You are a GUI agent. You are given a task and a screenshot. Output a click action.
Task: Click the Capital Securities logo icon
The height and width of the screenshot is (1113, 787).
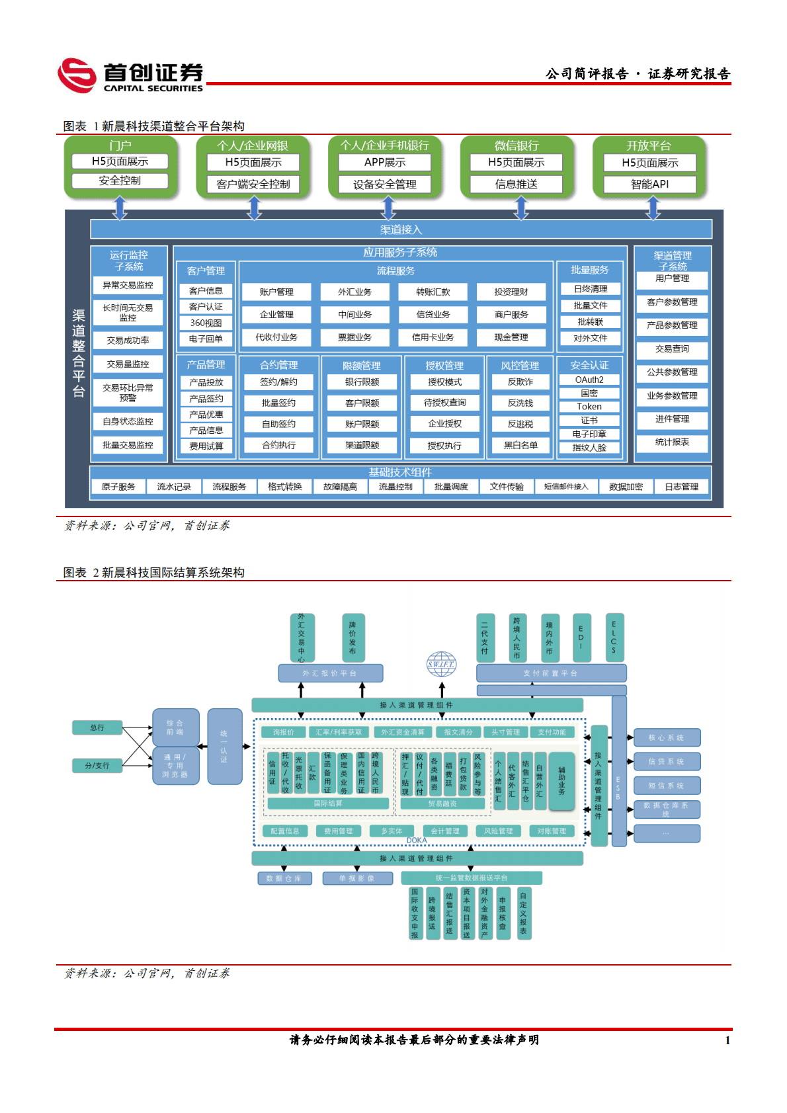[x=77, y=75]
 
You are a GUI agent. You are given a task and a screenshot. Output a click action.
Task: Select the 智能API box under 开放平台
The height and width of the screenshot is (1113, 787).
[x=649, y=184]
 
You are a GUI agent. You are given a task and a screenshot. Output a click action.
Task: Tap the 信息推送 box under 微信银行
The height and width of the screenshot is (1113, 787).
[x=516, y=184]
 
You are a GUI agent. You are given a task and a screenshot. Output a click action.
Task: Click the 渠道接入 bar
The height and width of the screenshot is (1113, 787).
[x=401, y=229]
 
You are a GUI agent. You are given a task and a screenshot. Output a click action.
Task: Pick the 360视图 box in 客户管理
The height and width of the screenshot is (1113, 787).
[x=206, y=323]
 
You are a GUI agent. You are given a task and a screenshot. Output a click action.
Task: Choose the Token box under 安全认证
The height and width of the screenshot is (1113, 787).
[x=589, y=407]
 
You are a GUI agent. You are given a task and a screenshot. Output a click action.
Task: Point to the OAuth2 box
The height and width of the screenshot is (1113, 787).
[x=589, y=380]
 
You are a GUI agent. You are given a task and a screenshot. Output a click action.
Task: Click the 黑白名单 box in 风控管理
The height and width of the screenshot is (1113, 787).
[x=520, y=445]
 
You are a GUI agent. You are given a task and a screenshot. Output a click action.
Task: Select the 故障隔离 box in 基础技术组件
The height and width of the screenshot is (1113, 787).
[x=340, y=487]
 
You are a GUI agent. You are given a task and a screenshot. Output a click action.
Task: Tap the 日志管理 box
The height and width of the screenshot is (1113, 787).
[x=681, y=487]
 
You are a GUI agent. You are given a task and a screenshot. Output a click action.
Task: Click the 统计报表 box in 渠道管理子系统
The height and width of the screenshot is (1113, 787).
[x=672, y=442]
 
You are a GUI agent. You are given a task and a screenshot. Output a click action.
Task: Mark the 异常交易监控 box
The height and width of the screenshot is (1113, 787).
[x=128, y=285]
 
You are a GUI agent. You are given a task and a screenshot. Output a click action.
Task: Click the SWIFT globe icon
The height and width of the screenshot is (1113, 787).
[x=441, y=663]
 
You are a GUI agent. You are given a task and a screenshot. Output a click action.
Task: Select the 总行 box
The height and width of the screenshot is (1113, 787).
[x=97, y=727]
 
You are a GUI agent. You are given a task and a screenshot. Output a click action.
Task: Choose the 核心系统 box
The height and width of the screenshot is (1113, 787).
[x=666, y=737]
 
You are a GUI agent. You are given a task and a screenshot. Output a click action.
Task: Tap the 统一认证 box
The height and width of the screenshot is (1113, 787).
[x=224, y=746]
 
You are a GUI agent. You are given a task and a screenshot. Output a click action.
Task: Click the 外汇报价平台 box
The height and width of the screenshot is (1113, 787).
[x=330, y=673]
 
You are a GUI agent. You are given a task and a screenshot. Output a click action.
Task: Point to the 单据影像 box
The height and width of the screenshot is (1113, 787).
[x=357, y=878]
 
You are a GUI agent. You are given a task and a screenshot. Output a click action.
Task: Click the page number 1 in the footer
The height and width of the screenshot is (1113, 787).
[x=727, y=1040]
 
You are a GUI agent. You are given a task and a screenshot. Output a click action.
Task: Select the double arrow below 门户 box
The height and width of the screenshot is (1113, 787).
[x=120, y=208]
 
